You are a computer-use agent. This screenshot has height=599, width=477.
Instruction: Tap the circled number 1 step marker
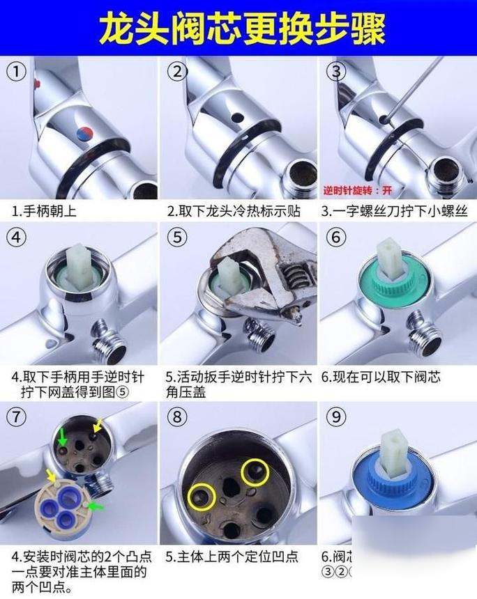click(17, 71)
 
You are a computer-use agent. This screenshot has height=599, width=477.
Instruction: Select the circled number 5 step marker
click(178, 237)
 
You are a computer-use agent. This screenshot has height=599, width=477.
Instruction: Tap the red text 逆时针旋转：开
click(356, 189)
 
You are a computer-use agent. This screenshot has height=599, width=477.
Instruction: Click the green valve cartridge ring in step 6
click(390, 282)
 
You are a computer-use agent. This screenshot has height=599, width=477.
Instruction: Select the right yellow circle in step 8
click(255, 473)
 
